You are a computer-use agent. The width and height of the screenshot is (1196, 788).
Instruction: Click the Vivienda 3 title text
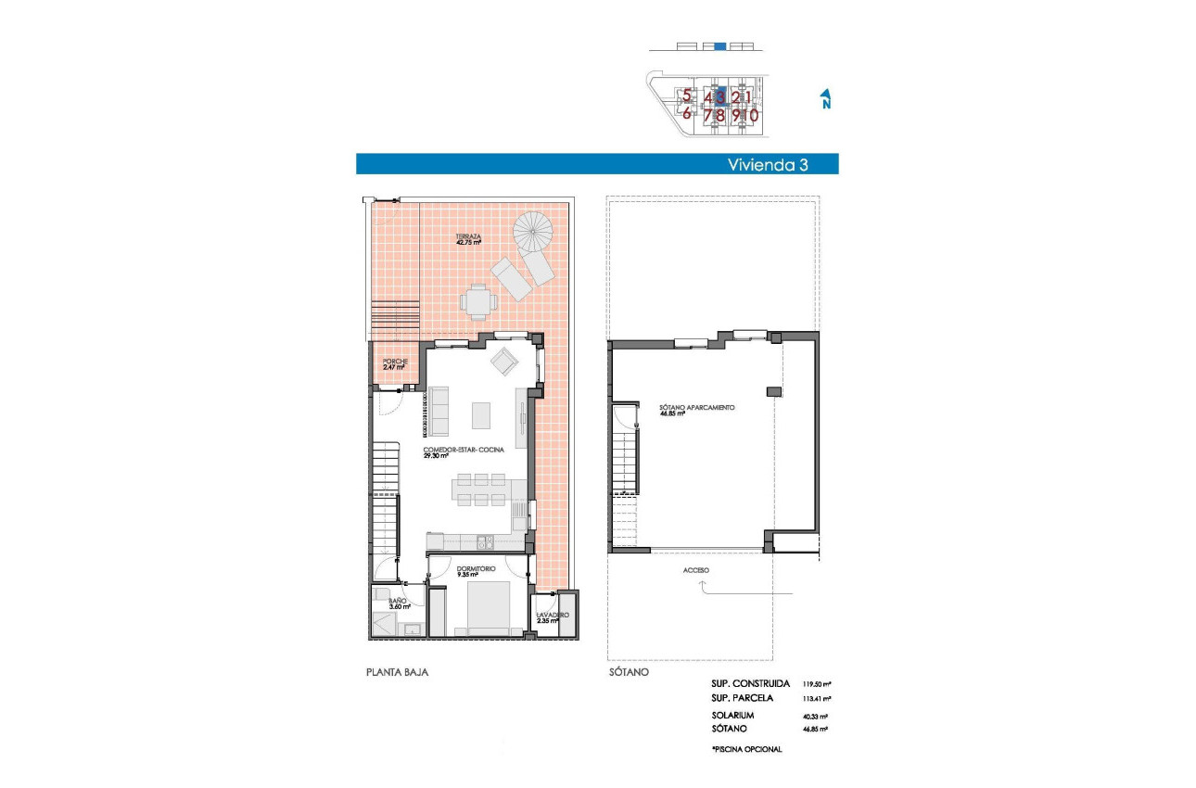768,164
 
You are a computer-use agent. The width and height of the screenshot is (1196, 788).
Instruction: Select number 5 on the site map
686,95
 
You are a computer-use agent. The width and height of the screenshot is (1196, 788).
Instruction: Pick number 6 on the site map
686,115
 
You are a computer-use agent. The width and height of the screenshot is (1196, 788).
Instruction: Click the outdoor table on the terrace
478,299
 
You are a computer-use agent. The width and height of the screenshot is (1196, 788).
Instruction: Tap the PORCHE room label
395,362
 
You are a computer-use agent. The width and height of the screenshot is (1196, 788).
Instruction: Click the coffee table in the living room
482,414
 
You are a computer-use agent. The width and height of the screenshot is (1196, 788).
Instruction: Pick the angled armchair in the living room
505,361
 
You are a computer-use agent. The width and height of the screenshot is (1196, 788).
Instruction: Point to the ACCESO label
696,570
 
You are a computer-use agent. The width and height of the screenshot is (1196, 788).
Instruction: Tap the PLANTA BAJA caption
398,672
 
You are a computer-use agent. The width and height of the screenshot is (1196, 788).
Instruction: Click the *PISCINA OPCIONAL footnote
747,748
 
